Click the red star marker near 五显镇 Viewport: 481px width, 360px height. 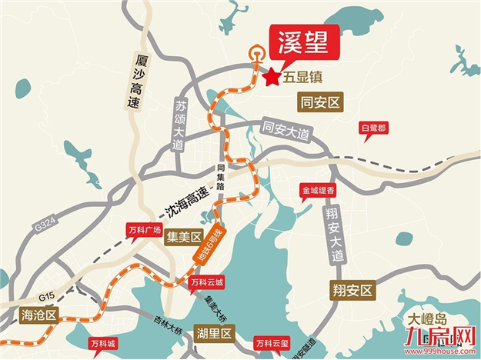coord(272,77)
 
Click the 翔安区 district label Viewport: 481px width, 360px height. coord(352,290)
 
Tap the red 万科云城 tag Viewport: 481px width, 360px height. coord(206,283)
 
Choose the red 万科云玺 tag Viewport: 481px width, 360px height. coord(273,342)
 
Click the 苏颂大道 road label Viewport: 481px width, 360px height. coord(180,125)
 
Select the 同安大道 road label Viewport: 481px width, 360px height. coord(286,131)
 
